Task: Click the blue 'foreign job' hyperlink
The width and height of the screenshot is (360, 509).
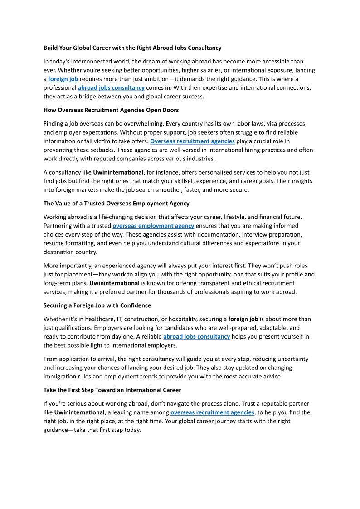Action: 63,79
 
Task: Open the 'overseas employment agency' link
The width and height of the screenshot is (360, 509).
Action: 153,226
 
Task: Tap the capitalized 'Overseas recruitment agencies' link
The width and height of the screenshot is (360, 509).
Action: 192,141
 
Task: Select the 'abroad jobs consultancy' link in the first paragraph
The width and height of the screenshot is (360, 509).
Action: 111,87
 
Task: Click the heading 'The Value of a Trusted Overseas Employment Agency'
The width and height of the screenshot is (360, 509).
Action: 117,204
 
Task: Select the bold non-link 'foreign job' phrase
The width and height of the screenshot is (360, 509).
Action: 243,319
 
